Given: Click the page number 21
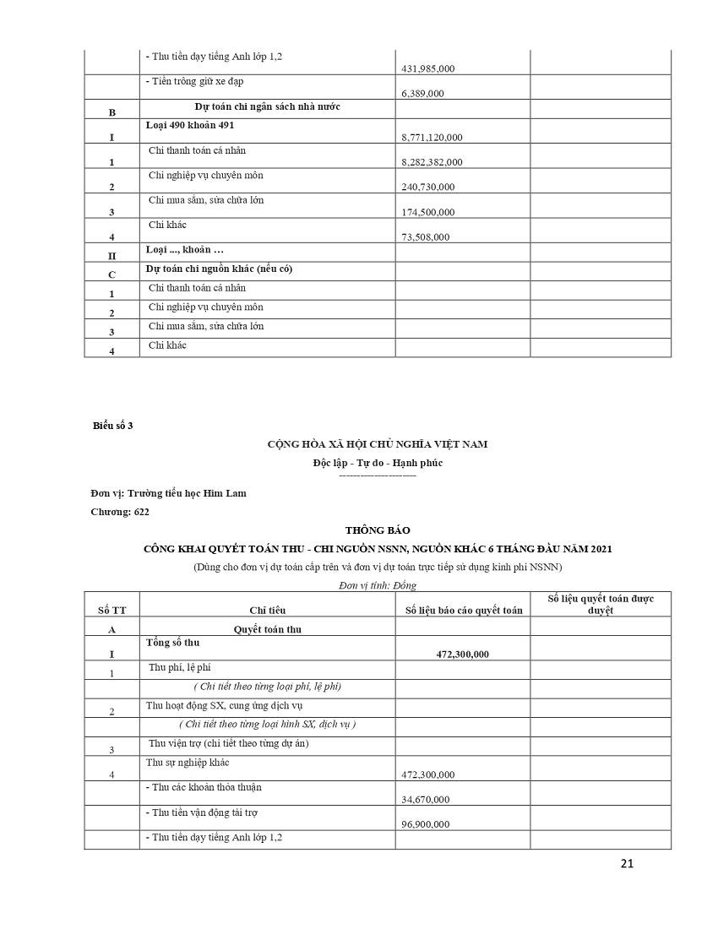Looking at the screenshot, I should click(626, 863).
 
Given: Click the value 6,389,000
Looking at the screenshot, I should click(423, 94).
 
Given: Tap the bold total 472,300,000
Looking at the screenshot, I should click(463, 655).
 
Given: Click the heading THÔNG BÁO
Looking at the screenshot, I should click(378, 530).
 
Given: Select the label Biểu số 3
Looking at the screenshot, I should click(112, 426).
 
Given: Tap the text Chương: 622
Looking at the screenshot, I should click(120, 512).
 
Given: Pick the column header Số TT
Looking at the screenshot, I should click(112, 610).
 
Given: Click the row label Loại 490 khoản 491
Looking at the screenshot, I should click(190, 125).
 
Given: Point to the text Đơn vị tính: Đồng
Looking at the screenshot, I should click(378, 584).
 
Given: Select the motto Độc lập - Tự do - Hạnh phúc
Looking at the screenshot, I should click(378, 463).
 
